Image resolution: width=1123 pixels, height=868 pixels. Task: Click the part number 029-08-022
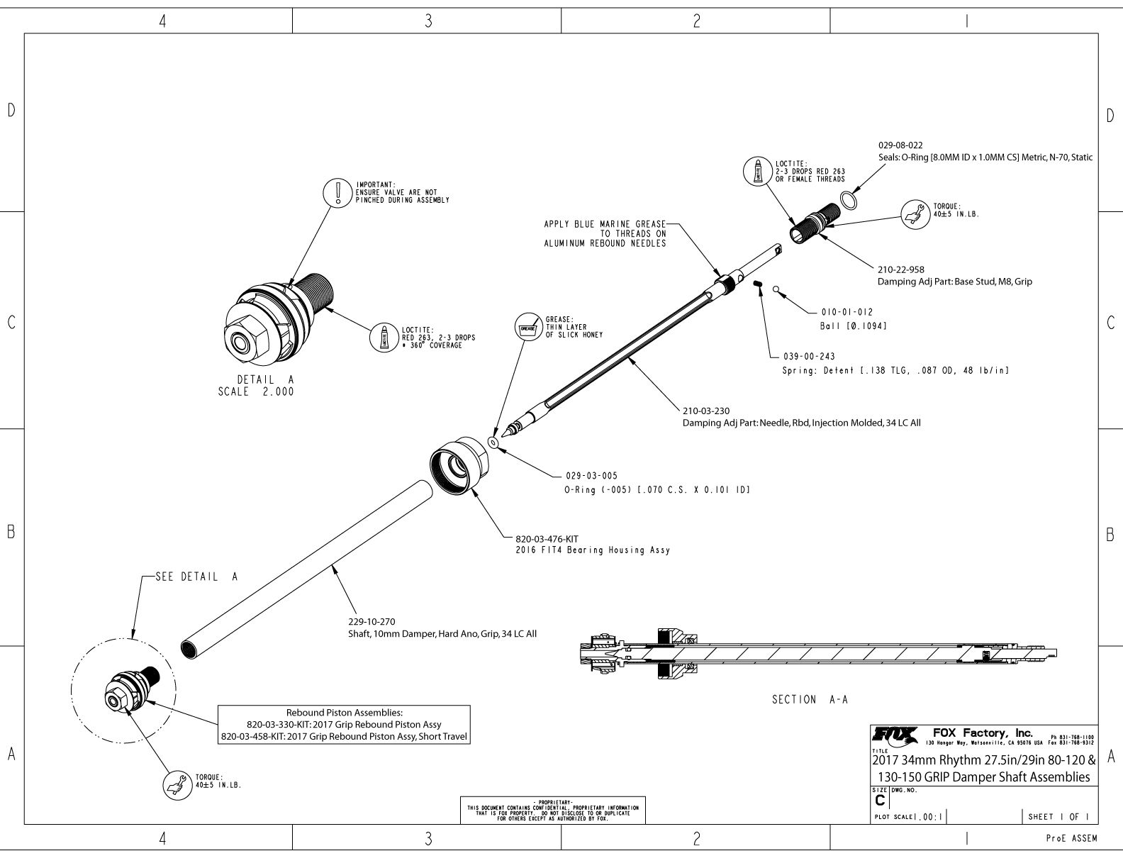pyautogui.click(x=900, y=145)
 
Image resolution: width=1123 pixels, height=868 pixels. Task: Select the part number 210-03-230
pyautogui.click(x=705, y=411)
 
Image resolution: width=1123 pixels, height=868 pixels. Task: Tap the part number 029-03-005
pyautogui.click(x=586, y=476)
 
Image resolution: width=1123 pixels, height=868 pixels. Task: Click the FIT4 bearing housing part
pyautogui.click(x=459, y=468)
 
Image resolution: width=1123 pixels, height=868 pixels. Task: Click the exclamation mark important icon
pyautogui.click(x=338, y=192)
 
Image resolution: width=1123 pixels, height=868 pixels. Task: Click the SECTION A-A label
pyautogui.click(x=810, y=699)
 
